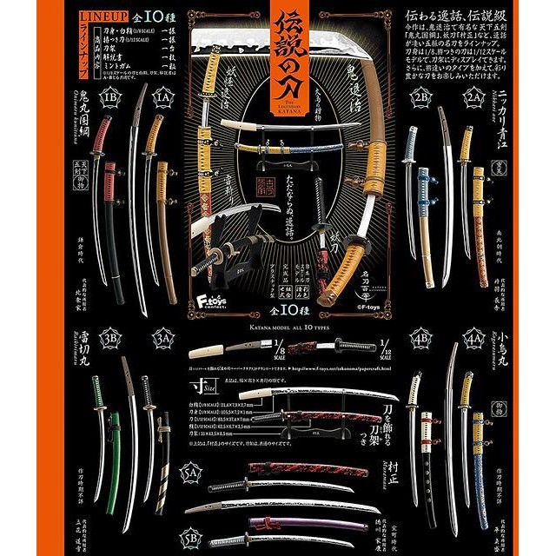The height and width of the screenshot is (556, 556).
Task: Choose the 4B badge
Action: (423, 334)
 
